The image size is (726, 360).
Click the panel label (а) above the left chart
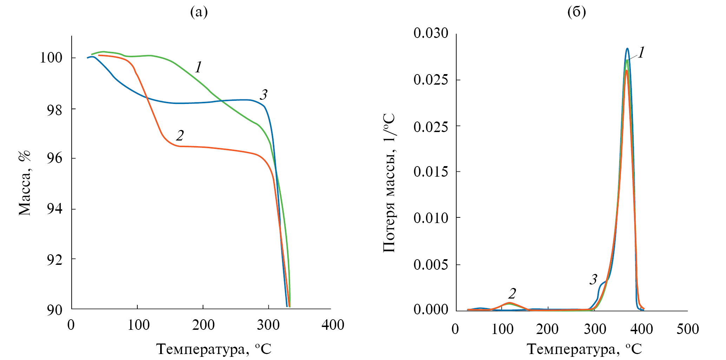point(199,12)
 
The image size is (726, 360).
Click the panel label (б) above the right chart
point(576,12)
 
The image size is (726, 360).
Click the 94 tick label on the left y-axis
point(55,209)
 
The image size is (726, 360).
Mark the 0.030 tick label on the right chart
point(431,33)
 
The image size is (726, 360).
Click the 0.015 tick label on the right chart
point(431,172)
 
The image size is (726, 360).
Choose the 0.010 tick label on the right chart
point(431,218)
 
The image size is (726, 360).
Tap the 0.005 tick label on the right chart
point(431,264)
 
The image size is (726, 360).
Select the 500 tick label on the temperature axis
point(688,329)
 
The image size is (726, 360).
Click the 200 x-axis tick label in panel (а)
point(203,325)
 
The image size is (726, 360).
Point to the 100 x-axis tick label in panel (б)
point(502,329)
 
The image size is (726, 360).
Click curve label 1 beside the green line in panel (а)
point(199,67)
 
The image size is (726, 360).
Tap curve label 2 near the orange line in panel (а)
point(180,135)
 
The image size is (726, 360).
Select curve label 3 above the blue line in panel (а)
point(264,94)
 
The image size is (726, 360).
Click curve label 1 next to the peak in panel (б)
point(641,53)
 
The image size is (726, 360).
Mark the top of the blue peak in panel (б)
point(627,48)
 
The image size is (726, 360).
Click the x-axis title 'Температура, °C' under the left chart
point(214,349)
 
